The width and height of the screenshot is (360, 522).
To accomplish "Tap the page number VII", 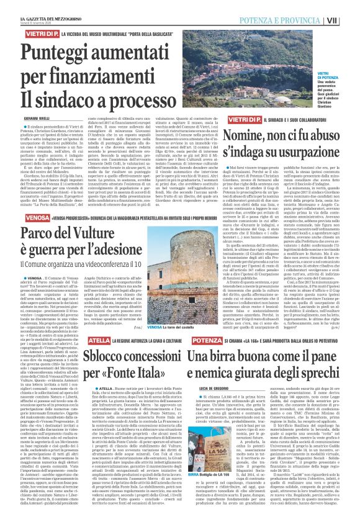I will (x=350, y=20).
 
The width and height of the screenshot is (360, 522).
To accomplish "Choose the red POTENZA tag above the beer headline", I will (x=189, y=341).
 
